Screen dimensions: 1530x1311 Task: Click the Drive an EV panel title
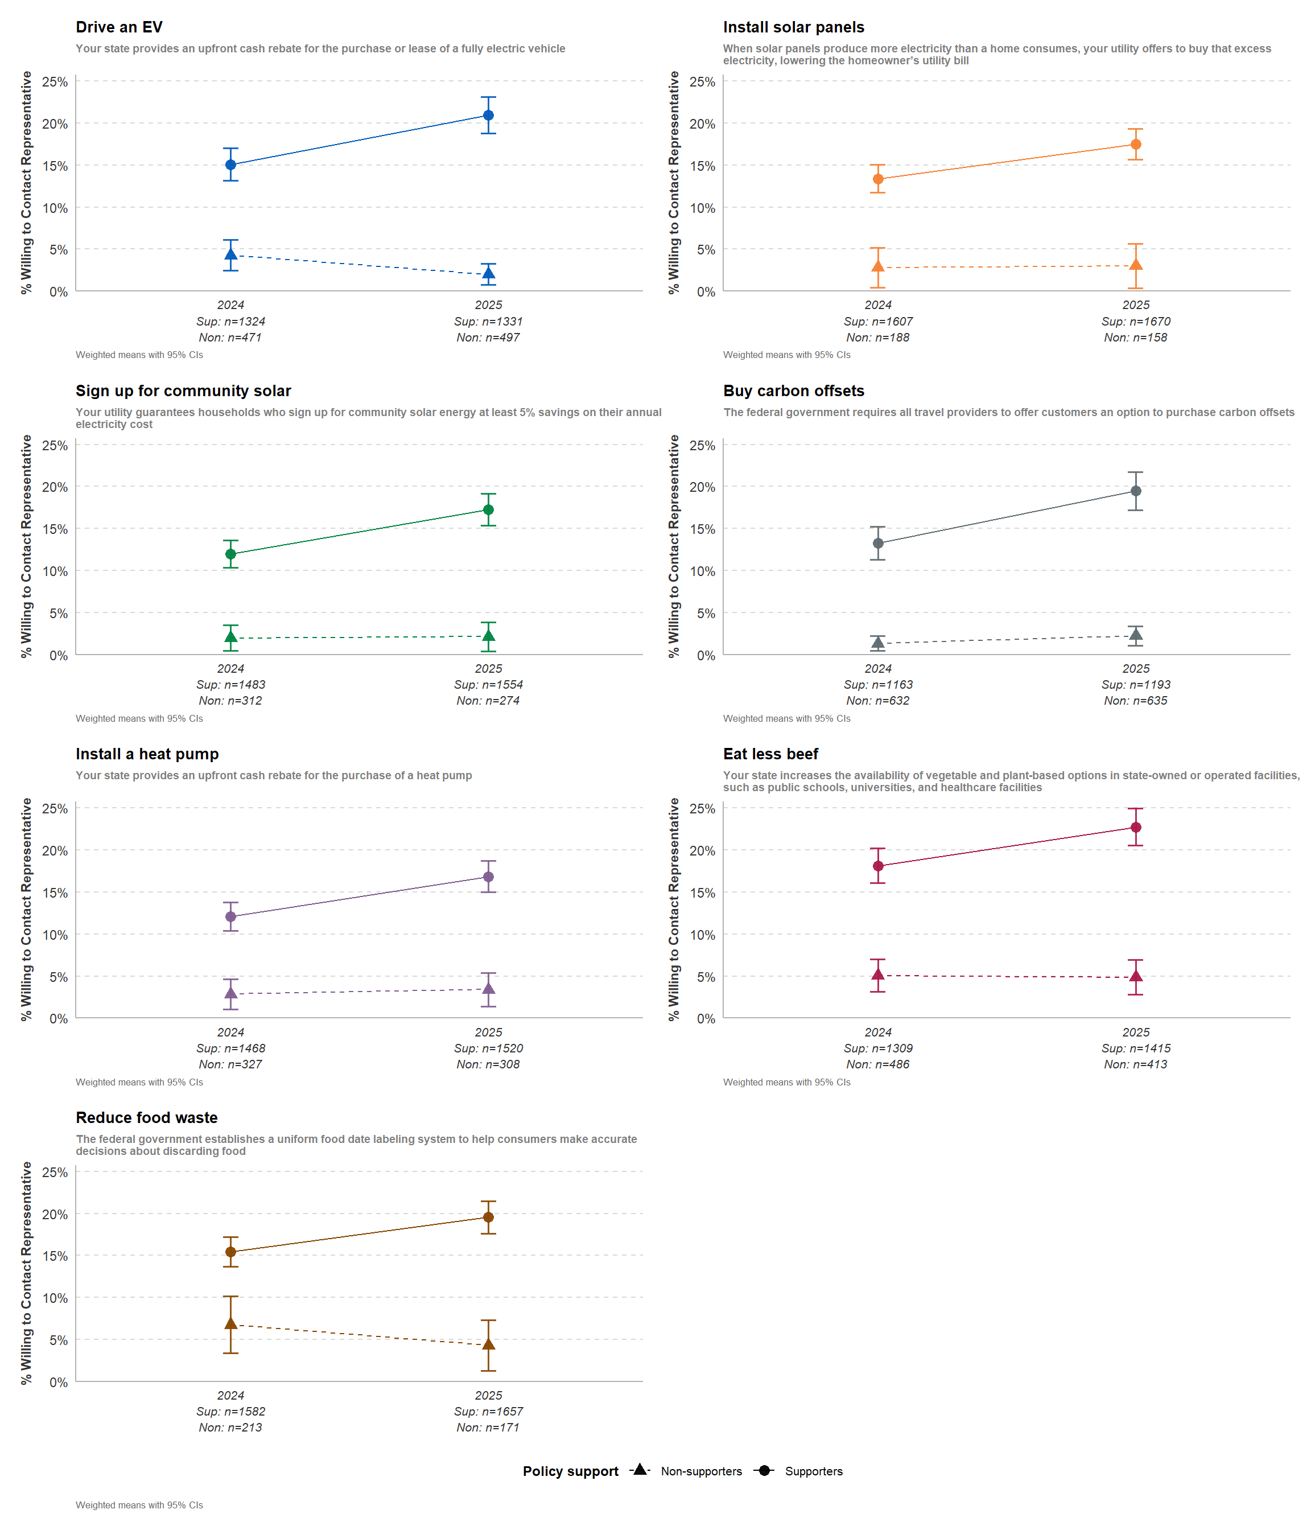[119, 27]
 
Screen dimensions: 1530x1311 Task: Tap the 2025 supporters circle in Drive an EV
[488, 115]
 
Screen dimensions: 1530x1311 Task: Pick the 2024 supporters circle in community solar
[230, 554]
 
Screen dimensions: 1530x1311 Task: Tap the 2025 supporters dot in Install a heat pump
[488, 877]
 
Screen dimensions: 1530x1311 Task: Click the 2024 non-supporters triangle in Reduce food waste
[230, 1323]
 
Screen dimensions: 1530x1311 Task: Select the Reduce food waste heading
[146, 1117]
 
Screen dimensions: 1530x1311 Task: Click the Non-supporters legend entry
[700, 1471]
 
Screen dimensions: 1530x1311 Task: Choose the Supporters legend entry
[813, 1471]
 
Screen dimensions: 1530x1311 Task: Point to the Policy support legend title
[570, 1471]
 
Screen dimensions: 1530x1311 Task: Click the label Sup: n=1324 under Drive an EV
[230, 321]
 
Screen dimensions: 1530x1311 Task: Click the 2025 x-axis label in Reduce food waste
[488, 1395]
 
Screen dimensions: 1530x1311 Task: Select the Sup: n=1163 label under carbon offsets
[877, 685]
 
